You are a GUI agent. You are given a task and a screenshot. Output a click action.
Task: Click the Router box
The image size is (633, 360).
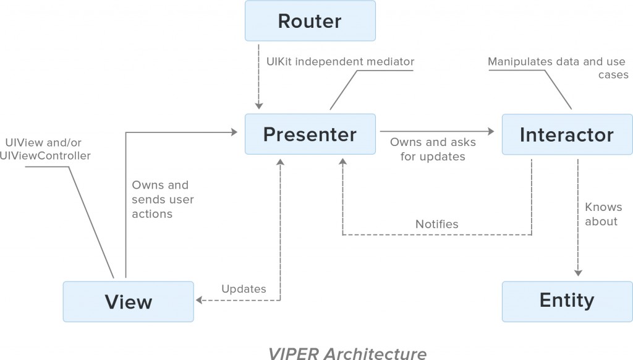[x=310, y=21]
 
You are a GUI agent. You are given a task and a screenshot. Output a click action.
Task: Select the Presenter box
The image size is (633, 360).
[x=310, y=134]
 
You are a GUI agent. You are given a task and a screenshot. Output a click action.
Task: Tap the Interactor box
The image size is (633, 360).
[x=566, y=134]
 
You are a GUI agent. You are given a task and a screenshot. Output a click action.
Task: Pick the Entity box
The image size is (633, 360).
[x=566, y=301]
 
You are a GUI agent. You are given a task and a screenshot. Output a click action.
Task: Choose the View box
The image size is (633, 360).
[x=128, y=301]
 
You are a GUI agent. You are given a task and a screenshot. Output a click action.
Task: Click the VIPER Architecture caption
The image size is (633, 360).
[x=347, y=353]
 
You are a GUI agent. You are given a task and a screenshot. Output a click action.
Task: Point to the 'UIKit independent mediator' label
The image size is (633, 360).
[x=340, y=62]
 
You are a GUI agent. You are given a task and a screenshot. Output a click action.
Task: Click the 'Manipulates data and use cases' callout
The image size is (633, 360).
[x=558, y=67]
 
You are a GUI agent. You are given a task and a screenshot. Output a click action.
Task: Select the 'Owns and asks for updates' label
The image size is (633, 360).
[x=433, y=149]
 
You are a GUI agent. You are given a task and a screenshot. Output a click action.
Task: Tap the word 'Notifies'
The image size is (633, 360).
[x=437, y=224]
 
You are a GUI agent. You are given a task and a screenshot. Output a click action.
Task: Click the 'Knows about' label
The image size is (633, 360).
[x=603, y=214]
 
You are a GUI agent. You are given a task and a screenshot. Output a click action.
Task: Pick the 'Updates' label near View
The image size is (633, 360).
[x=244, y=289]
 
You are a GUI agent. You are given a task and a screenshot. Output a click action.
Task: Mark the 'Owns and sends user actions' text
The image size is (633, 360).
[x=163, y=199]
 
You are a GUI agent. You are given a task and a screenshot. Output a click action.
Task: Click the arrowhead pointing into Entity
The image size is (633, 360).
[x=578, y=273]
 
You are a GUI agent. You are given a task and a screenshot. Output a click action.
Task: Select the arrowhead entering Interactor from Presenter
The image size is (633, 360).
[x=492, y=131]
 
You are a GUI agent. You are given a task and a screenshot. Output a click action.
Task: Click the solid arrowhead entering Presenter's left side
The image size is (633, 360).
[x=234, y=131]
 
